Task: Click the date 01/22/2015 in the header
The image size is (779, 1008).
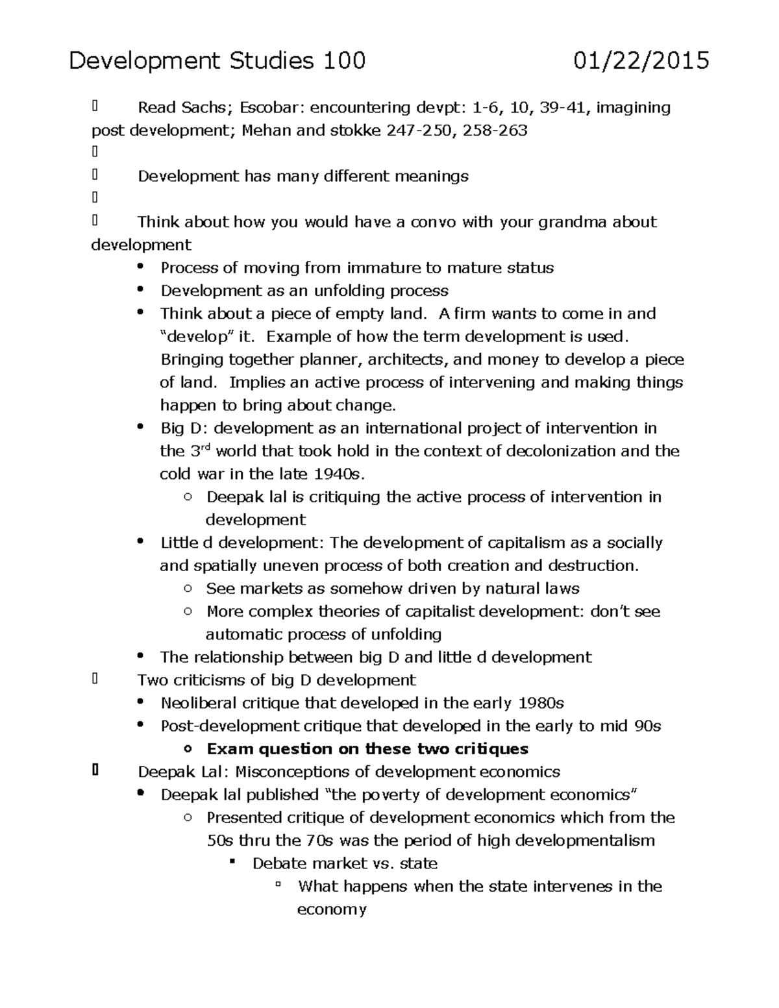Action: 641,61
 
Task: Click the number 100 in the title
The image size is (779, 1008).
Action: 344,61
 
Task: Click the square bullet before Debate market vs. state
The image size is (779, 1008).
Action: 232,863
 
